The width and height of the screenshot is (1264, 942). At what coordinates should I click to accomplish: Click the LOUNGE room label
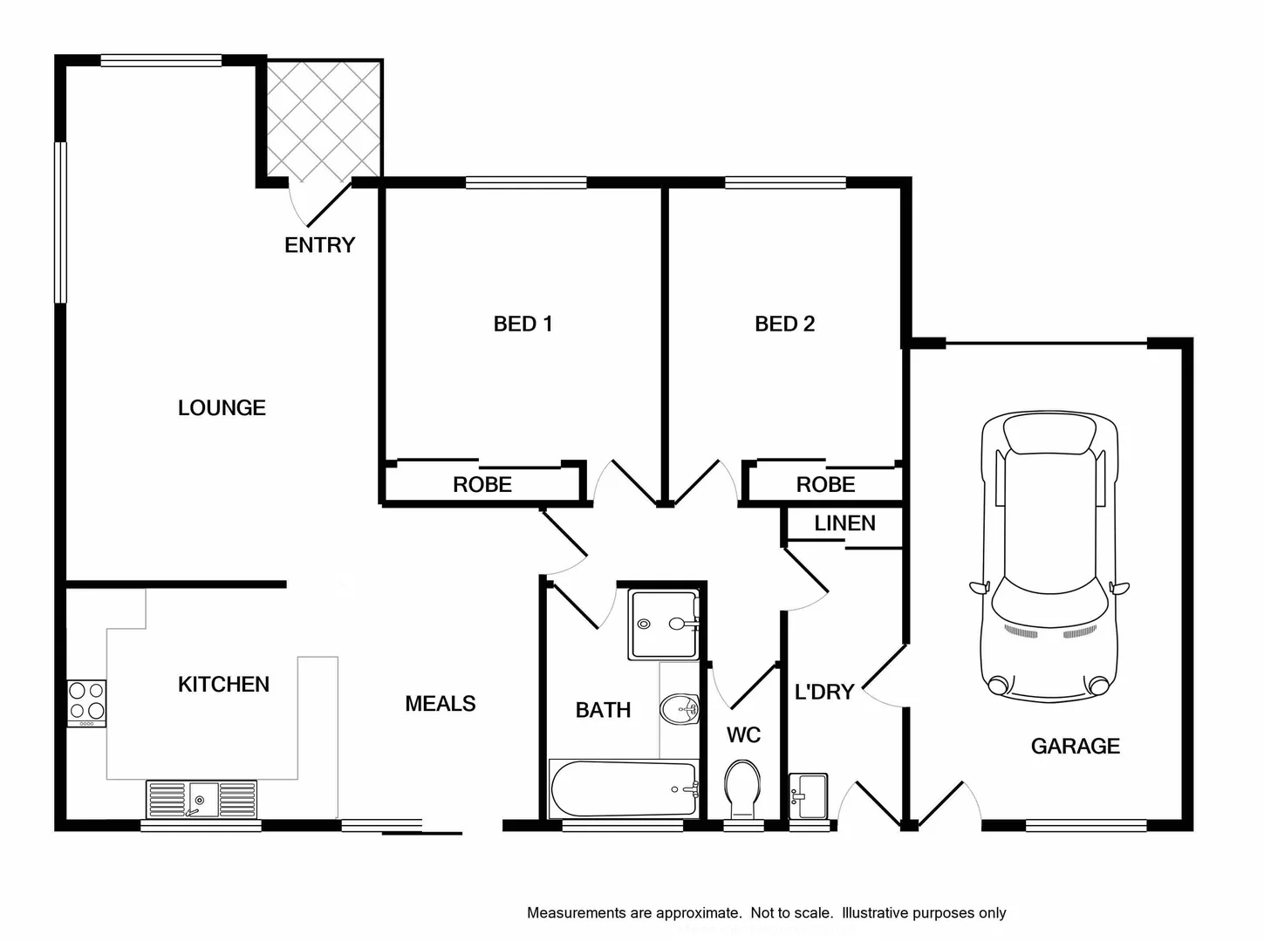(222, 407)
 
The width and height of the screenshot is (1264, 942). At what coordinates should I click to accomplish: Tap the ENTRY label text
(319, 245)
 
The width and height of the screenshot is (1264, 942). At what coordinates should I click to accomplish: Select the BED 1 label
(523, 324)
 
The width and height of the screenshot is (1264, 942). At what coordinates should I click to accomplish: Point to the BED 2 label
(784, 324)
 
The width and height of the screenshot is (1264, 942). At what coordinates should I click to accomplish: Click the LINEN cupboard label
(844, 523)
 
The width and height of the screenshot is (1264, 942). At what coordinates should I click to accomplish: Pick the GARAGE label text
(1075, 746)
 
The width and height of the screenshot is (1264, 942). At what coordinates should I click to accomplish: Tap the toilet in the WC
(742, 788)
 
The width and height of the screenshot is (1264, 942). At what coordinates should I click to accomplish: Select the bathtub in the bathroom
(623, 788)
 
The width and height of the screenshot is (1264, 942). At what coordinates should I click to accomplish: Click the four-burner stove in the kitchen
(87, 702)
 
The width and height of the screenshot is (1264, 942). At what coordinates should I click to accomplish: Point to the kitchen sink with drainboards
(202, 799)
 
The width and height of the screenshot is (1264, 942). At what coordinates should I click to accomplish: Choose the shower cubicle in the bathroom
(663, 625)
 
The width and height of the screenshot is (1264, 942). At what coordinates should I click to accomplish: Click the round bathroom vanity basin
(679, 709)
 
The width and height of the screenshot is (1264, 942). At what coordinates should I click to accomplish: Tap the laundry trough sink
(808, 795)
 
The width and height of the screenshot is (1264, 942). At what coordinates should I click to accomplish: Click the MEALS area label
(440, 704)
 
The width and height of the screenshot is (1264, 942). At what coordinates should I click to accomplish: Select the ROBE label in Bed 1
(482, 485)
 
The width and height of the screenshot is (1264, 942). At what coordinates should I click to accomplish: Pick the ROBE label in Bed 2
(825, 485)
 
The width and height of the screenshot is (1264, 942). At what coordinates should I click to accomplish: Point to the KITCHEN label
(223, 685)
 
